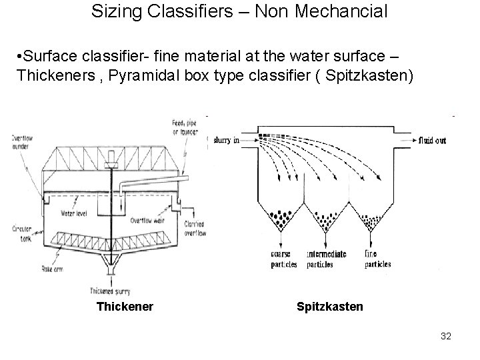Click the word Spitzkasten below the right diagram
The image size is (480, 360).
[330, 307]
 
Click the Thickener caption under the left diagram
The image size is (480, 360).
[125, 307]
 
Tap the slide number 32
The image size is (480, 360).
[446, 336]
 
